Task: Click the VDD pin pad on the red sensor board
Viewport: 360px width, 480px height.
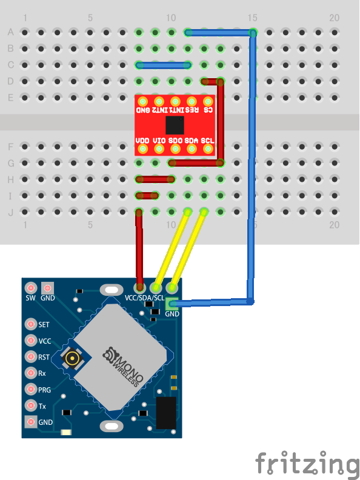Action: tap(142, 149)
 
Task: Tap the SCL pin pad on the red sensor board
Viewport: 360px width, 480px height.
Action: tap(208, 149)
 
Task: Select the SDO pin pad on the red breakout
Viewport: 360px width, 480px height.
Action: tap(175, 149)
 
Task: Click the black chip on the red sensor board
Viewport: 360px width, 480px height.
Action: tap(175, 125)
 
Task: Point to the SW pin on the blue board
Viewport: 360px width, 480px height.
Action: tap(31, 288)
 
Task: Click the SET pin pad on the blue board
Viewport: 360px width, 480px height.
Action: tap(31, 324)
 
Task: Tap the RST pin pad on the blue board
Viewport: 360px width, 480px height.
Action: tap(31, 356)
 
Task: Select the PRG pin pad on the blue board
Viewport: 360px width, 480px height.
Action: tap(31, 389)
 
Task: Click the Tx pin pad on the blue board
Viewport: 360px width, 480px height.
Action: tap(31, 405)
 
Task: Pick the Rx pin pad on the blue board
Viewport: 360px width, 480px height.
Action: tap(31, 373)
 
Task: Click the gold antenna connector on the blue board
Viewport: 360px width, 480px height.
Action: tap(72, 357)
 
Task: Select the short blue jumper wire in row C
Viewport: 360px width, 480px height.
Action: tap(164, 65)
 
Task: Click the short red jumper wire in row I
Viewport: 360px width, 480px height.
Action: tap(147, 196)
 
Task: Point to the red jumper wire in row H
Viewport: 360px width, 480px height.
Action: tap(155, 179)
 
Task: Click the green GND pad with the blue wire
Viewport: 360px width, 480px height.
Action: tap(172, 304)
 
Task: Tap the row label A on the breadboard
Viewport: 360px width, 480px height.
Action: tap(11, 32)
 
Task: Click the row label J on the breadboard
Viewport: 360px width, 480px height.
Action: tap(11, 212)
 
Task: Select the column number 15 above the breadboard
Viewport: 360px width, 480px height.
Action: tap(252, 18)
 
